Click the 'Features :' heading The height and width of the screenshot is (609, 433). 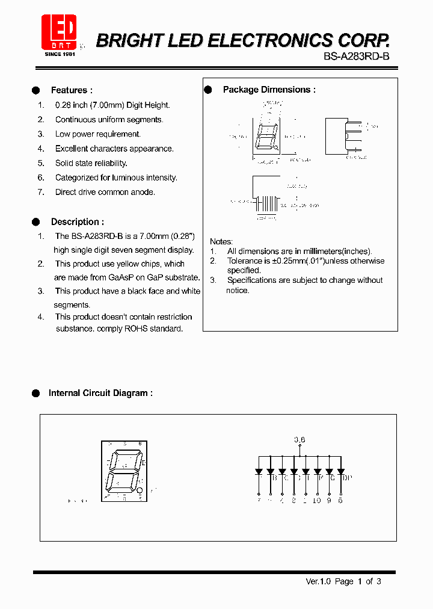(72, 90)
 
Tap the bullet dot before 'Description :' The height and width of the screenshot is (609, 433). (36, 222)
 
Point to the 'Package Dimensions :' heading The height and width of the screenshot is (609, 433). (269, 90)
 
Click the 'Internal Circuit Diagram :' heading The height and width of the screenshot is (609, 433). (100, 393)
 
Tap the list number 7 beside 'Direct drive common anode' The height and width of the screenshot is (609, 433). (41, 192)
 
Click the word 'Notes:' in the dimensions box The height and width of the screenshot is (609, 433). (221, 241)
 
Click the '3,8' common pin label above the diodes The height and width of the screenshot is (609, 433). (299, 440)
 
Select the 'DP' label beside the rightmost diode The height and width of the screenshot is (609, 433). (347, 478)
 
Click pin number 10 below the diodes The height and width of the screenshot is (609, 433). (317, 500)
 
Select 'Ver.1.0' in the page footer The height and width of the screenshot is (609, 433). (318, 581)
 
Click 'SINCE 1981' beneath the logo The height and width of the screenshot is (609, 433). (59, 54)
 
